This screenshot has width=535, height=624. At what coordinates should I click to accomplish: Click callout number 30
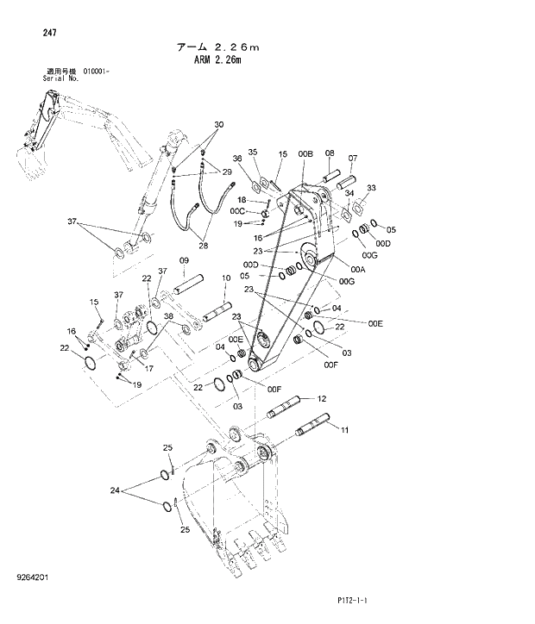pos(218,125)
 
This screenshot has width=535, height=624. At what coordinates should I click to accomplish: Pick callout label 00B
pos(305,153)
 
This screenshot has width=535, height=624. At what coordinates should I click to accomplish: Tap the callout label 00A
pos(335,269)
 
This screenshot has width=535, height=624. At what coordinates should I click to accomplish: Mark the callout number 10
pos(225,278)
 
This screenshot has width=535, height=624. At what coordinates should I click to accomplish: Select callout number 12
pos(322,398)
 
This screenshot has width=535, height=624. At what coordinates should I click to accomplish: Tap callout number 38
pos(170,316)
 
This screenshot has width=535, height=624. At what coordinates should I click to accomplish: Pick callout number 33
pos(372,187)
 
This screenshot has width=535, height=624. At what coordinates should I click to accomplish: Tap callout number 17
pos(148,368)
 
